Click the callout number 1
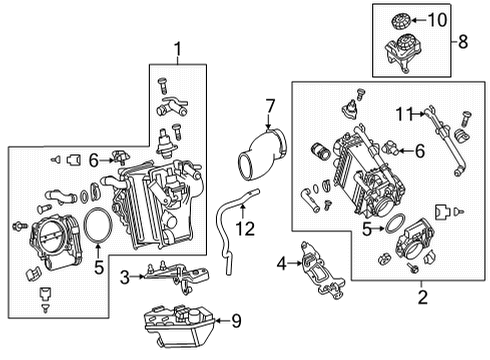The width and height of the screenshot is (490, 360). pyautogui.click(x=178, y=49)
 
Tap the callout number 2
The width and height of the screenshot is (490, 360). pyautogui.click(x=422, y=297)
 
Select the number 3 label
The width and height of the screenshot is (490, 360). pyautogui.click(x=125, y=277)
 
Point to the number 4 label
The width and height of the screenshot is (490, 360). pyautogui.click(x=282, y=264)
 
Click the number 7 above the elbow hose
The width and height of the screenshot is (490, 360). pyautogui.click(x=270, y=106)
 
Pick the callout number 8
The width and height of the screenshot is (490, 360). pyautogui.click(x=463, y=42)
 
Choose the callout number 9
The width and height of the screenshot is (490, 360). pyautogui.click(x=236, y=321)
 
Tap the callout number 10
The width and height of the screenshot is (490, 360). pyautogui.click(x=437, y=20)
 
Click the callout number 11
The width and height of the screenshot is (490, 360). pyautogui.click(x=404, y=114)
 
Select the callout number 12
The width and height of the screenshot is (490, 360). pyautogui.click(x=245, y=229)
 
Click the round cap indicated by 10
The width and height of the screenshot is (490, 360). pyautogui.click(x=400, y=20)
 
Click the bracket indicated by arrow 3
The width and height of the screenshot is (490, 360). pyautogui.click(x=177, y=274)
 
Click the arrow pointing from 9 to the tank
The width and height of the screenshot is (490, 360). pyautogui.click(x=222, y=321)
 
